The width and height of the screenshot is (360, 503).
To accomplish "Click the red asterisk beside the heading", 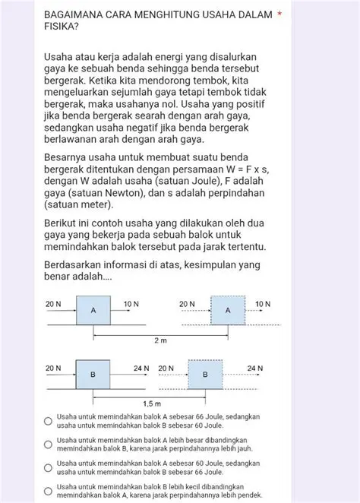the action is [x=280, y=14].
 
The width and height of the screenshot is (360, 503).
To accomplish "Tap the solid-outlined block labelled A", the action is [x=93, y=310].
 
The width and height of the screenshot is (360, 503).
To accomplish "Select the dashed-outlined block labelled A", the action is [x=228, y=310].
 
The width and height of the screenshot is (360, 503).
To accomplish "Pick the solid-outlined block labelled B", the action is [x=93, y=375].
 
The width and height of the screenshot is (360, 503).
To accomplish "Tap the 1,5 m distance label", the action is [x=149, y=405].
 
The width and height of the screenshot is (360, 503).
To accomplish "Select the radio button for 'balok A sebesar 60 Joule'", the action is [x=48, y=467].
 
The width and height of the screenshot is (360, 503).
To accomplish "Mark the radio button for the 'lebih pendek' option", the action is [x=48, y=489].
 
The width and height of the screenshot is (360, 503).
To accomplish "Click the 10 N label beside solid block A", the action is [x=131, y=304].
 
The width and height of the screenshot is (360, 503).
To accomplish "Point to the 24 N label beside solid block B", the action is [x=141, y=369].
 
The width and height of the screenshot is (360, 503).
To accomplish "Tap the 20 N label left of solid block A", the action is [x=53, y=304].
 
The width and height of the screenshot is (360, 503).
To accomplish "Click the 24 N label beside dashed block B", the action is [x=255, y=369].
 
